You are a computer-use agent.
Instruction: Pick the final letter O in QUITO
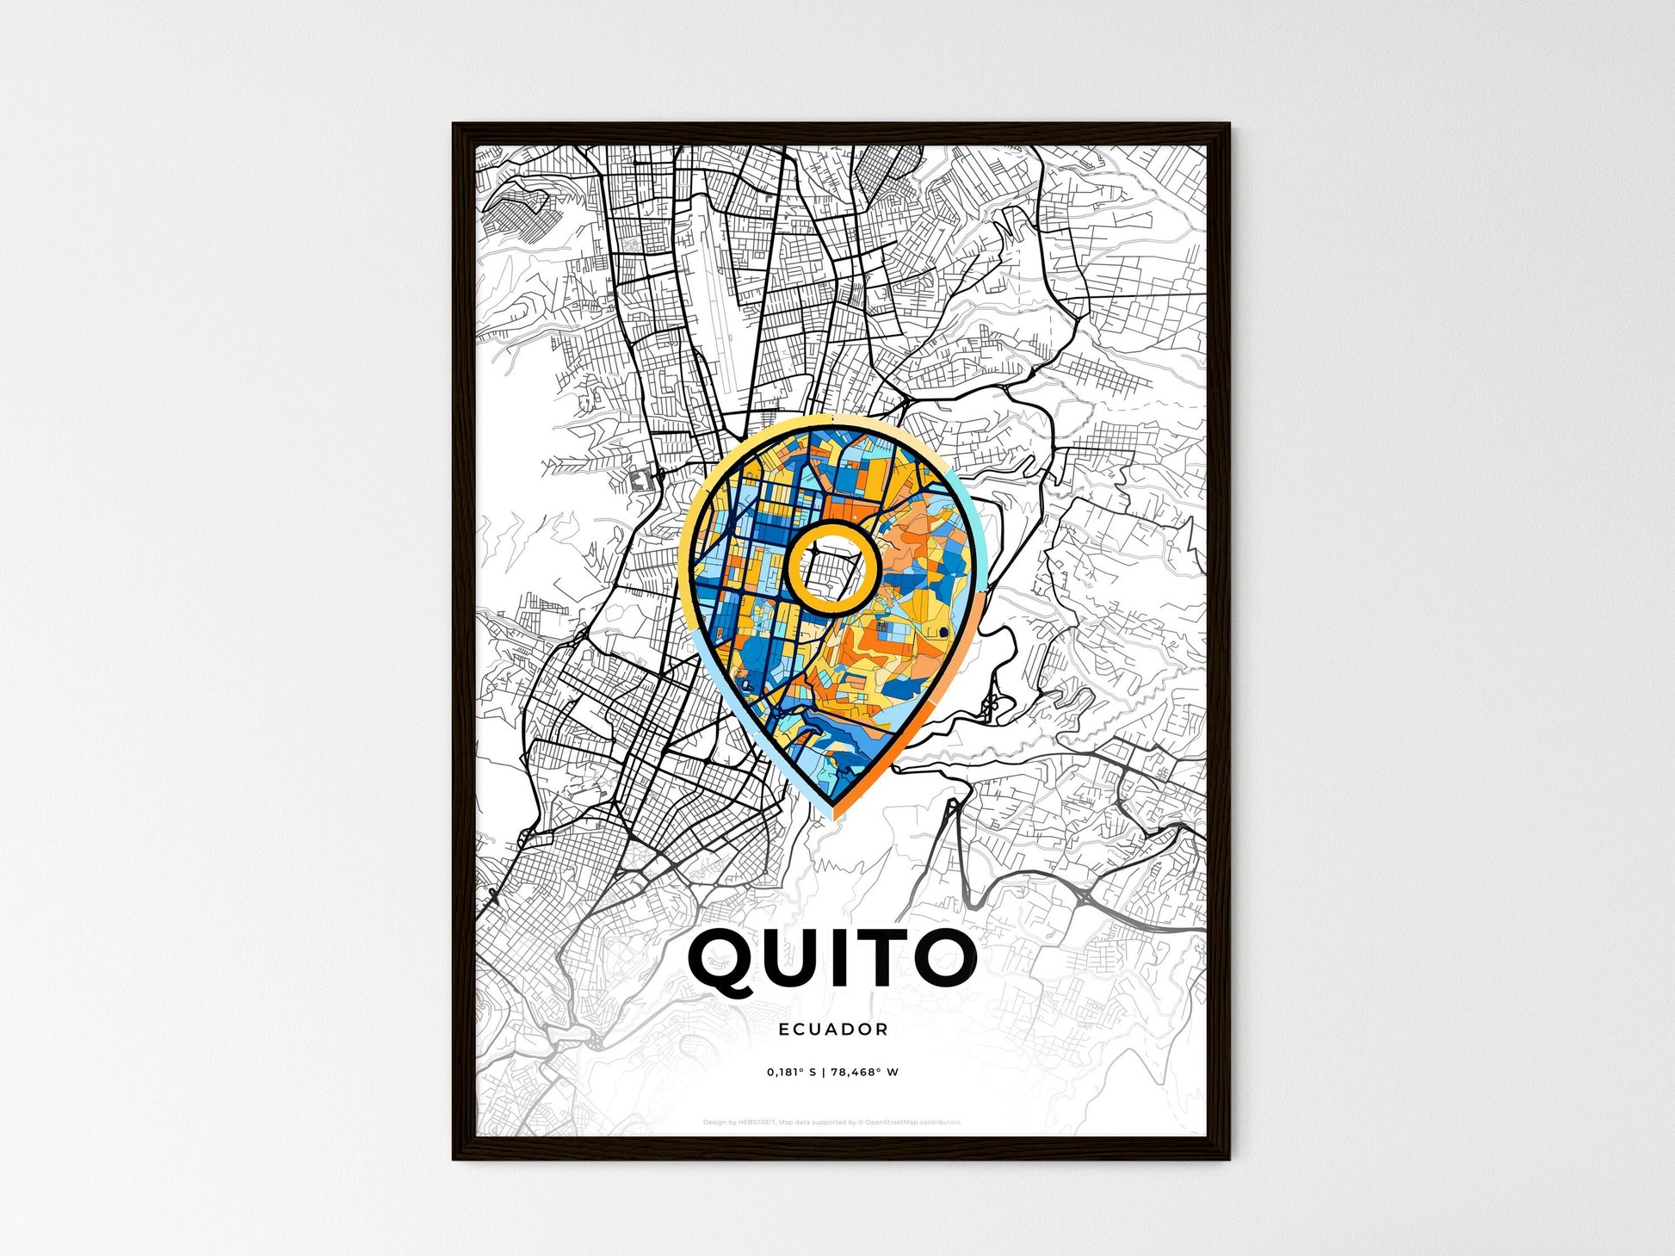point(946,957)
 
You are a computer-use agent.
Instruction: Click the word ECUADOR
point(832,1029)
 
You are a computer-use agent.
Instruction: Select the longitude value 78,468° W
point(865,1073)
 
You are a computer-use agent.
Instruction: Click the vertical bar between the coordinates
point(823,1073)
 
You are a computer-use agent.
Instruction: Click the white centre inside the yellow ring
point(831,568)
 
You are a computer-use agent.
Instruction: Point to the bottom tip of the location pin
point(832,814)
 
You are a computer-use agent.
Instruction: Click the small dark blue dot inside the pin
point(943,634)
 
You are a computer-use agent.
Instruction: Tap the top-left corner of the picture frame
point(454,125)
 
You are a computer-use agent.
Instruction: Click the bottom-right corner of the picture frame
point(1228,1159)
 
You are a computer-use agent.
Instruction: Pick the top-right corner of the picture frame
point(1228,125)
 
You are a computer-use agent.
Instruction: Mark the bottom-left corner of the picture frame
point(454,1159)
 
